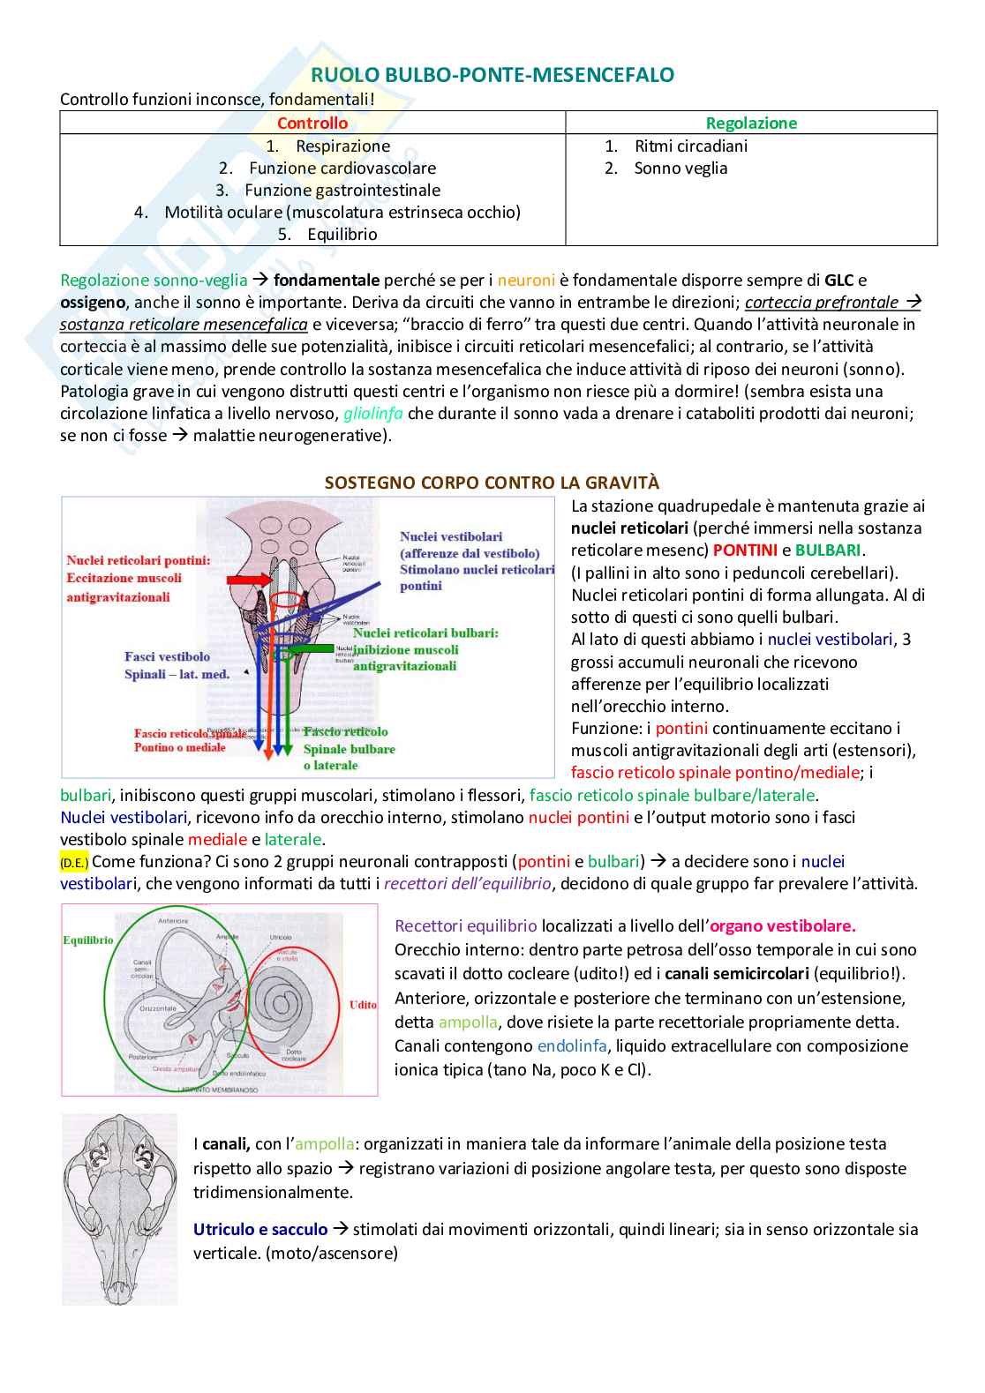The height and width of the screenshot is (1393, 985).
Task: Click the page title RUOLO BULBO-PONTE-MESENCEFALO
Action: (x=492, y=76)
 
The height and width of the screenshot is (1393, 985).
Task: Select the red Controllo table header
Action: (x=312, y=124)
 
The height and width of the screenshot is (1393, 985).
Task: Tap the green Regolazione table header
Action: (x=751, y=124)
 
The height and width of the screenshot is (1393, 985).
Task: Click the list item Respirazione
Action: (x=342, y=146)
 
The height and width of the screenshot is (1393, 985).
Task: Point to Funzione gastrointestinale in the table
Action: (x=342, y=191)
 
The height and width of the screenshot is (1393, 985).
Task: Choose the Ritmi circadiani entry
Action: (x=690, y=146)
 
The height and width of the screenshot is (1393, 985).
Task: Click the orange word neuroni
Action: (x=526, y=281)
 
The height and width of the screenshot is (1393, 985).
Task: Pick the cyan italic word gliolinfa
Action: (x=373, y=414)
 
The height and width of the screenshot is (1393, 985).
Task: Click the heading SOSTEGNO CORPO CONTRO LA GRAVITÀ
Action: (x=492, y=483)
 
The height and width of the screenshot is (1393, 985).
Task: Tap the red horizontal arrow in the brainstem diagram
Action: (x=251, y=580)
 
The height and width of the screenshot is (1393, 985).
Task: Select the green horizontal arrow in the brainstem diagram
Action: (x=307, y=648)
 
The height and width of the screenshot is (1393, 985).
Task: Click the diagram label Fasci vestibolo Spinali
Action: (x=176, y=665)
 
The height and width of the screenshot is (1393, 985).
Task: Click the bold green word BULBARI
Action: (x=828, y=550)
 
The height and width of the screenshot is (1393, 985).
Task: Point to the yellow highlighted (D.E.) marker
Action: (x=74, y=863)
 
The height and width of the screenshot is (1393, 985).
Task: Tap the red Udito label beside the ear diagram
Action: (x=362, y=1005)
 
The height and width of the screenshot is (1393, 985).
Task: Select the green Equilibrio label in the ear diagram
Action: (x=88, y=940)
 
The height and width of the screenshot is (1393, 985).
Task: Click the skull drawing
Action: (x=120, y=1209)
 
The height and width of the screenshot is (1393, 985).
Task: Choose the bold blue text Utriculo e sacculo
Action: (x=260, y=1230)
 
